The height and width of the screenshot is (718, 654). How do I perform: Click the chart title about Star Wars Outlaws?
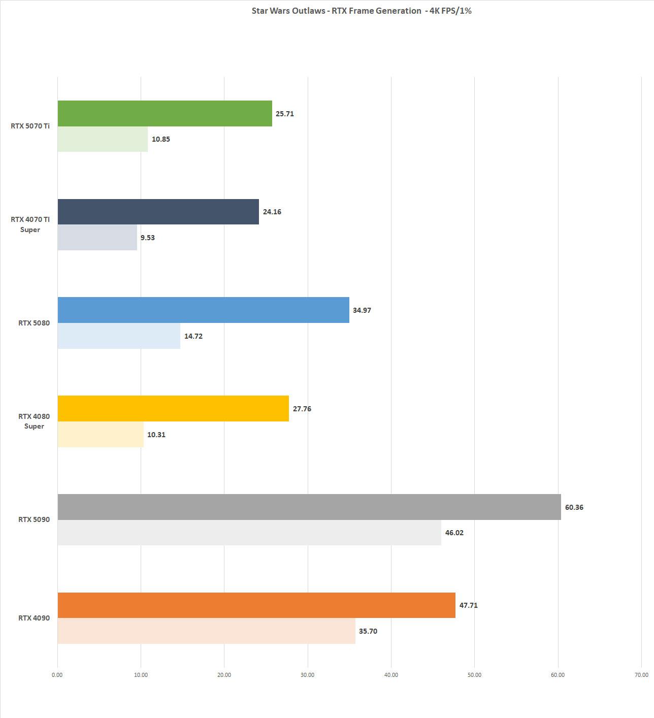[x=361, y=11]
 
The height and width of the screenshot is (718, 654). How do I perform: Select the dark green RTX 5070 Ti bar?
[x=165, y=113]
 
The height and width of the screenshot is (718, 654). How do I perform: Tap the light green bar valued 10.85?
[x=103, y=139]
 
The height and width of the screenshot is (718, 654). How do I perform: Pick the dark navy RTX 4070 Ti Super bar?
[x=158, y=212]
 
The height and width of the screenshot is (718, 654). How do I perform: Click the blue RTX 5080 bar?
[x=203, y=310]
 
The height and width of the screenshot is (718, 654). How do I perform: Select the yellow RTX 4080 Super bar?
[x=173, y=408]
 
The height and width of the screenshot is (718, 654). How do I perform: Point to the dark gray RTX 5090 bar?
[x=309, y=507]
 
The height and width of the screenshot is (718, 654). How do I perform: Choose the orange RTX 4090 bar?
[x=256, y=605]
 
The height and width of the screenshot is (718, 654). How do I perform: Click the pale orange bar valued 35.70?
[x=206, y=631]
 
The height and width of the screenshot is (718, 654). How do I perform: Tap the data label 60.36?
[x=574, y=507]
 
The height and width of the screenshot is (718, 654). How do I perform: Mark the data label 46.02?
[x=454, y=533]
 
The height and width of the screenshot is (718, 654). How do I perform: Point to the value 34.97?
[x=362, y=310]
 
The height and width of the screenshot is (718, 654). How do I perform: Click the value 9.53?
[x=147, y=238]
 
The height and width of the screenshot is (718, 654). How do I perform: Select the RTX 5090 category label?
[x=34, y=519]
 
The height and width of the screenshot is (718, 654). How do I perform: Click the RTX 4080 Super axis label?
[x=34, y=421]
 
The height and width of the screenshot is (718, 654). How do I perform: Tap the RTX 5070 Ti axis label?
[x=30, y=126]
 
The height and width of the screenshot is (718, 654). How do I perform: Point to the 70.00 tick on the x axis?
[x=641, y=675]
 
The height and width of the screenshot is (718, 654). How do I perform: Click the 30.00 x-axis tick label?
[x=307, y=675]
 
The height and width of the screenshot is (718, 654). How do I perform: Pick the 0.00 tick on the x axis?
[x=57, y=675]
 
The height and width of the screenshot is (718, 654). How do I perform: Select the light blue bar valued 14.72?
[x=119, y=336]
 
